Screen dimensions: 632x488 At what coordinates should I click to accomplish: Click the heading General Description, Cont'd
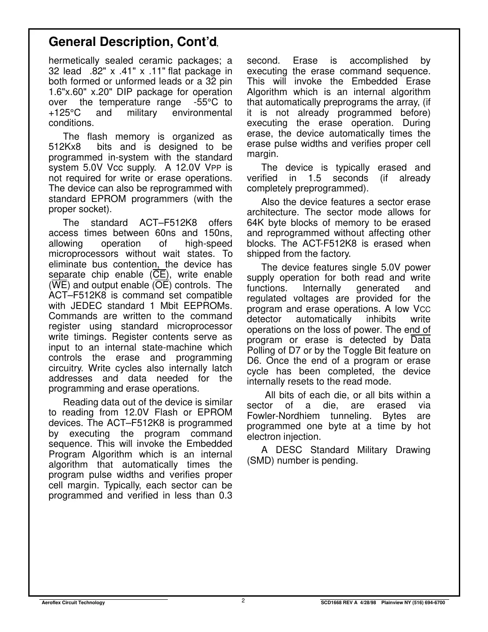click(x=132, y=42)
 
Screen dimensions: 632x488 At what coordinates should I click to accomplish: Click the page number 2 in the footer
click(x=243, y=600)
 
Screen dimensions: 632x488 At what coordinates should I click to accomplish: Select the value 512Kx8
click(x=64, y=147)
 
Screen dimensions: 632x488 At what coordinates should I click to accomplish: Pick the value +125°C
click(x=64, y=113)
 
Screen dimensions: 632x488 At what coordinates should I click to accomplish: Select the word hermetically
click(x=74, y=61)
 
